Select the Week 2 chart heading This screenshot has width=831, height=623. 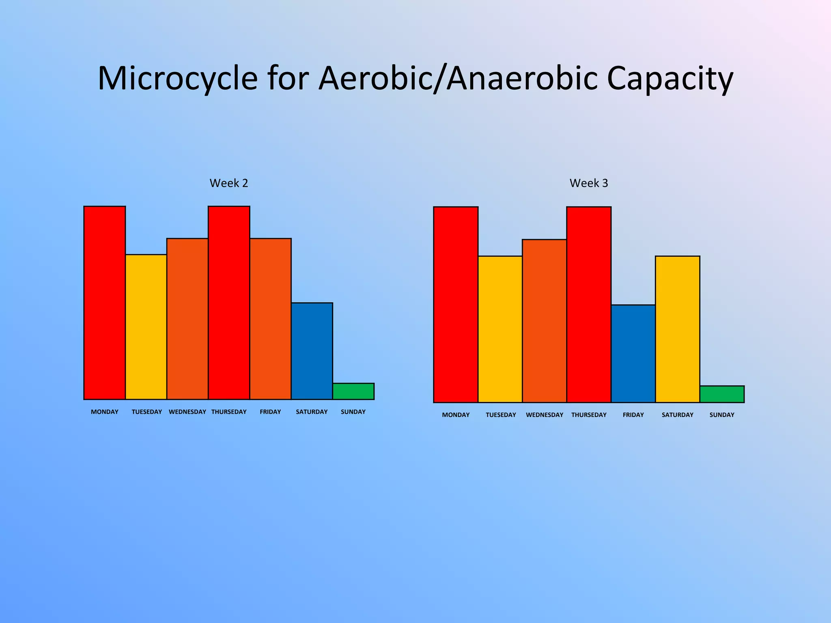pos(228,183)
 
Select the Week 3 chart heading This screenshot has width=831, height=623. pos(589,183)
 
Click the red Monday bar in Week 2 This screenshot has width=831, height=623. pos(105,303)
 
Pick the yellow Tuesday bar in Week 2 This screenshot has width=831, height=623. pos(146,327)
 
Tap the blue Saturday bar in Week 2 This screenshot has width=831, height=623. pos(312,351)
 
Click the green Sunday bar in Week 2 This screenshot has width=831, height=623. pos(353,391)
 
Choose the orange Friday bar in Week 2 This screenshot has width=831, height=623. pos(270,319)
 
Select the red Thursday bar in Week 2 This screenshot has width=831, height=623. pos(229,303)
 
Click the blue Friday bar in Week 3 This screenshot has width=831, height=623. pos(633,353)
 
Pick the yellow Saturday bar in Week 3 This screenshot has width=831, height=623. pos(677,329)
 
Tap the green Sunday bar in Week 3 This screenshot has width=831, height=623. pos(722,394)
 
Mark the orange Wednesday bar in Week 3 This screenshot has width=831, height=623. pos(544,321)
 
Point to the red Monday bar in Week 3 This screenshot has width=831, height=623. pos(456,305)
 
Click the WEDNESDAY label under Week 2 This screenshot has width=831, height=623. pos(187,412)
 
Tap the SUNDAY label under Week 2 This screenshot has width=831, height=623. pos(353,412)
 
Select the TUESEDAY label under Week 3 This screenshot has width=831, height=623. pos(501,415)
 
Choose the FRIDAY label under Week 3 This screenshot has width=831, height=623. pos(633,415)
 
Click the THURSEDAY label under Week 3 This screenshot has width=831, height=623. pos(589,415)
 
